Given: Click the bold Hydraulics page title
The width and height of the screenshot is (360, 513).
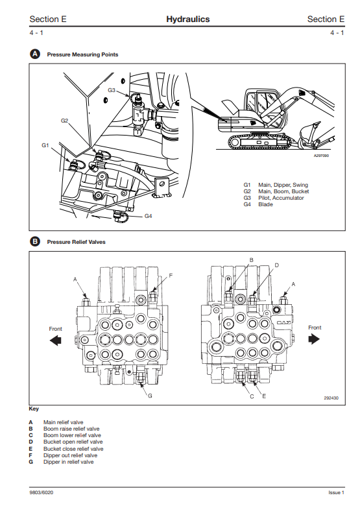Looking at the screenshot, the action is pos(188,19).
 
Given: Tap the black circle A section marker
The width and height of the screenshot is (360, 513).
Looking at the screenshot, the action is pos(34,54).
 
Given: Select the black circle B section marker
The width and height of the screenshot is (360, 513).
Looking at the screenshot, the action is pos(34,242).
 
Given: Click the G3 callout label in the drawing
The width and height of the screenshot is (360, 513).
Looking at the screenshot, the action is pos(112,90).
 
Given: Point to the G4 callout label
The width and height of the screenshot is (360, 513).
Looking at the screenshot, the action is pos(149,216).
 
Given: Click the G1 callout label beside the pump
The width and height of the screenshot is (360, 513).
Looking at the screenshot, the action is pos(45,145).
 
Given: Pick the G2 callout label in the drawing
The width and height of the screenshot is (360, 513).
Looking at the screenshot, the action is pos(64,121).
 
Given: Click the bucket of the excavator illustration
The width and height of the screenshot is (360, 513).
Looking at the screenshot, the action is pos(307,134).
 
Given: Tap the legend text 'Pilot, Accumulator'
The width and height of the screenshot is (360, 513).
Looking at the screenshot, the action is pos(281,198).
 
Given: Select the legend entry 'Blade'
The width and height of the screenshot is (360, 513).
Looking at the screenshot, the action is pos(265,204).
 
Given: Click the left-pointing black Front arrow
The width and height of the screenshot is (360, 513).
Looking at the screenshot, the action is pos(55,341).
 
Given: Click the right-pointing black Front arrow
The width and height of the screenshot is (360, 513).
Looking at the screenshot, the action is pos(314,339).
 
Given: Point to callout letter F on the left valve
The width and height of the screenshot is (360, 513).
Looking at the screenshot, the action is pos(171,276).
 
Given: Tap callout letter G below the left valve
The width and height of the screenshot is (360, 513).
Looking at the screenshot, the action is pos(150,396).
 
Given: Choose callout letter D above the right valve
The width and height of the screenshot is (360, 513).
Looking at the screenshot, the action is pos(276,265).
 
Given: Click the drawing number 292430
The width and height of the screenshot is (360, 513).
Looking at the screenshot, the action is pos(331,398).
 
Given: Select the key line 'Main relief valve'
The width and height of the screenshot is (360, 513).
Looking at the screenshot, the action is pos(64,422).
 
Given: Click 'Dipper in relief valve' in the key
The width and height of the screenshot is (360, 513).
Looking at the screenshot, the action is pos(68,462).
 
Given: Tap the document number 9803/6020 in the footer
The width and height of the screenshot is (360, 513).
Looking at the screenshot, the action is pos(42,492).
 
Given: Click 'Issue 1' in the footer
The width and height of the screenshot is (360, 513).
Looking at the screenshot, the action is pos(337,492).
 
